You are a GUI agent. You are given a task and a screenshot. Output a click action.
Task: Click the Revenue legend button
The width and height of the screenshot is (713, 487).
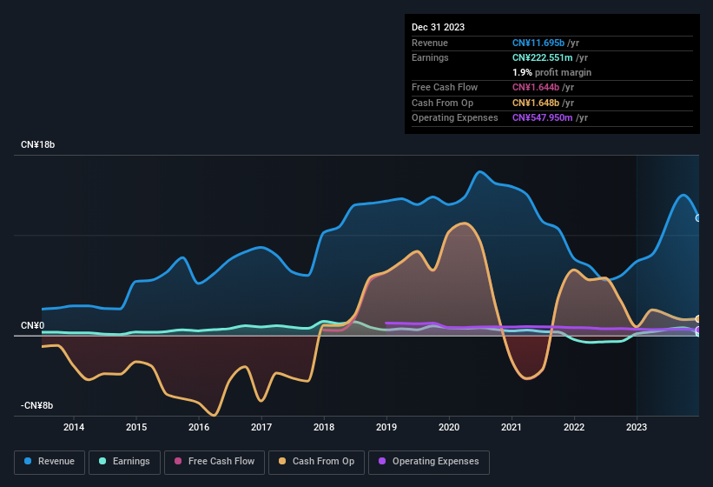coord(50,462)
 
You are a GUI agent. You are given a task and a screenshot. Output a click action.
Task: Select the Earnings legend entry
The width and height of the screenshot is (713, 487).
coord(124,462)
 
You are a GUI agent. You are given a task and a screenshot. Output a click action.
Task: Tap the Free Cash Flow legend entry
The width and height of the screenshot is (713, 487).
coord(215,462)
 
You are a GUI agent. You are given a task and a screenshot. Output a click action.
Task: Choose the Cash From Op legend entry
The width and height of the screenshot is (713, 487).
coord(317,462)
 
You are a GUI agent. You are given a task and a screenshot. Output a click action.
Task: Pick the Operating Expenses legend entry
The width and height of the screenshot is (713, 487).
coord(428,462)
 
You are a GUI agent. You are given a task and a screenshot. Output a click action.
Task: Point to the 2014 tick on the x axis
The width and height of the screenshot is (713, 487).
coord(74,427)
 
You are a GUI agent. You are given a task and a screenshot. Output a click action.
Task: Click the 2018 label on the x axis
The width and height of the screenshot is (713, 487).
coord(324,427)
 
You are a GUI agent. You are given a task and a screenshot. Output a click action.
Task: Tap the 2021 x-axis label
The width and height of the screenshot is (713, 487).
coord(512,427)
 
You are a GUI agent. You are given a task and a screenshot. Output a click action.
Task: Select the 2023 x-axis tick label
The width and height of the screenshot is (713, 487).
coord(637,427)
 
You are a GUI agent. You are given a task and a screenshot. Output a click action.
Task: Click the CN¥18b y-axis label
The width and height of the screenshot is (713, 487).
coord(38,145)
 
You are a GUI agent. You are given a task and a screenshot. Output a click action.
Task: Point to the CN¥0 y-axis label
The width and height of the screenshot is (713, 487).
coord(33,326)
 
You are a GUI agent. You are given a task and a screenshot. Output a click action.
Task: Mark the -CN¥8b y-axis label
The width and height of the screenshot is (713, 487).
coord(37,406)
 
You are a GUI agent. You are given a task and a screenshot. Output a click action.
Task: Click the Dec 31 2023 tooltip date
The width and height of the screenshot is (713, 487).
coord(438,27)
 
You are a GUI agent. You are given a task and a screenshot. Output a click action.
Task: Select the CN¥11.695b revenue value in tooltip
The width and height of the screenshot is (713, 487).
coord(538,43)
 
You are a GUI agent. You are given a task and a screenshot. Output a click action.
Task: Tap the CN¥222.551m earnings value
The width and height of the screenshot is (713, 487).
coord(543,57)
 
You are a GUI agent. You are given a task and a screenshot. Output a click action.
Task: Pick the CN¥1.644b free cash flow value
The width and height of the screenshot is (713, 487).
coord(536,88)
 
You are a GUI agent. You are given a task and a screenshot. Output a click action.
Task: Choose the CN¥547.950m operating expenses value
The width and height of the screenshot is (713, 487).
coord(543,117)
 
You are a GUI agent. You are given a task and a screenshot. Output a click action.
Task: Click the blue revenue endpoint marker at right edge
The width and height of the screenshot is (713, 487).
coord(698,218)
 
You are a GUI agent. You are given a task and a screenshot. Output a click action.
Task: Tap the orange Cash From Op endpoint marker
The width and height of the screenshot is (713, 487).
coord(698,319)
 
